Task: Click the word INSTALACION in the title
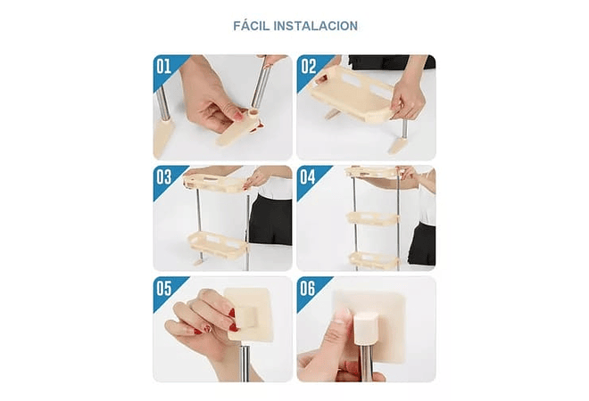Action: [316, 26]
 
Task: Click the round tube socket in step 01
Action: [254, 113]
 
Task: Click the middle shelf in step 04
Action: [373, 218]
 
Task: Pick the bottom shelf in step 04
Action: [374, 260]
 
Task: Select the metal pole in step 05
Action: [245, 362]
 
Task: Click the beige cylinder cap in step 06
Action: [366, 327]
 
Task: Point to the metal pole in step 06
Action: [365, 361]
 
